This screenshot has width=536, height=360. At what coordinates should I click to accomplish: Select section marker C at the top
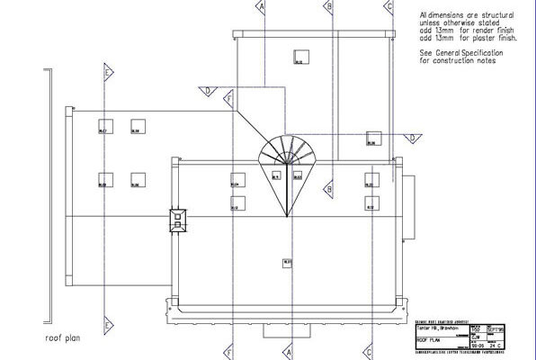[389, 5]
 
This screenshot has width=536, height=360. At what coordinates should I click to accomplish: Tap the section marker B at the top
[330, 5]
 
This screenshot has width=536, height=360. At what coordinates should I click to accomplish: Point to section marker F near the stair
[229, 95]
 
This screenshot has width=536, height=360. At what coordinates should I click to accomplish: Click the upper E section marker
[108, 71]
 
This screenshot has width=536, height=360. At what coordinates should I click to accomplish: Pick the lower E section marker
[108, 323]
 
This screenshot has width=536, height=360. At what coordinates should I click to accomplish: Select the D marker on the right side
[411, 138]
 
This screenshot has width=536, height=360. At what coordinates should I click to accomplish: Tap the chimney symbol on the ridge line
[178, 219]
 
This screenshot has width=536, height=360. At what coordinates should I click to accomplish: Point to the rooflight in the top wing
[298, 58]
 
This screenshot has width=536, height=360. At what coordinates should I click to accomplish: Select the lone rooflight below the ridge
[287, 263]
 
